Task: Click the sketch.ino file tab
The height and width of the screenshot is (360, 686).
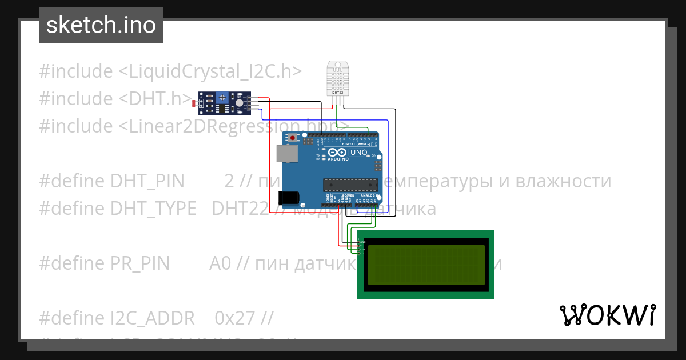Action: pos(101,25)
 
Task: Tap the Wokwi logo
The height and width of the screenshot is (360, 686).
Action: pos(607,315)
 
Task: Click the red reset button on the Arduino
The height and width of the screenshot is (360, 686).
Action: pos(293,138)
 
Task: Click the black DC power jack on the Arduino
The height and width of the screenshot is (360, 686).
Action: pos(288,197)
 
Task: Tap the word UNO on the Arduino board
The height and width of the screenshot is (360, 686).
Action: pos(358,153)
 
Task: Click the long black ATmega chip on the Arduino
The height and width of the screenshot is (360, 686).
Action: pos(350,184)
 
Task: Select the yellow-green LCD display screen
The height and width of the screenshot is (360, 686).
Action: pos(426,264)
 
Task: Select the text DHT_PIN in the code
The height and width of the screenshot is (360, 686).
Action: pos(147,181)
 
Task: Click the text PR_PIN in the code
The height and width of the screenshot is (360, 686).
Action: pos(141,263)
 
